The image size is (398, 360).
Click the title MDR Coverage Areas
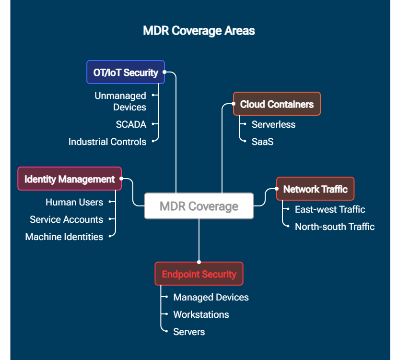(x=199, y=31)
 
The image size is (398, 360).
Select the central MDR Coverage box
(x=199, y=206)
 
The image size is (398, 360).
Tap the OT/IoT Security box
(x=126, y=72)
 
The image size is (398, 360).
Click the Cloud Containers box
(x=277, y=104)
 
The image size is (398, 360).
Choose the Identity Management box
(x=70, y=179)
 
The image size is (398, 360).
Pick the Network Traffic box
(x=315, y=189)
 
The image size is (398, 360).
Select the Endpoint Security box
(x=199, y=274)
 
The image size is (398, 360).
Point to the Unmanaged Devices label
(x=120, y=101)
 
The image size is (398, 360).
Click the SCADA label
(x=131, y=124)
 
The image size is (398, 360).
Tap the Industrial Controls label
(x=107, y=142)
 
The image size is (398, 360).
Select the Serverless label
(x=273, y=124)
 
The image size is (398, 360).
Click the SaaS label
(x=262, y=142)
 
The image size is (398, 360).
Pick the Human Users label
(x=74, y=202)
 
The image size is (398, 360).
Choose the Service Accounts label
(x=67, y=219)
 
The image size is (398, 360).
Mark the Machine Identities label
(x=64, y=237)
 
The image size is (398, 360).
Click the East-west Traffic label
(x=330, y=209)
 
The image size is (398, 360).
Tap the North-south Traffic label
(x=335, y=227)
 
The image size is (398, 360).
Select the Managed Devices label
(x=211, y=297)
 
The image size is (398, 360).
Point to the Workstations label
(x=201, y=314)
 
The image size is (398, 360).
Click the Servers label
(x=189, y=332)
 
